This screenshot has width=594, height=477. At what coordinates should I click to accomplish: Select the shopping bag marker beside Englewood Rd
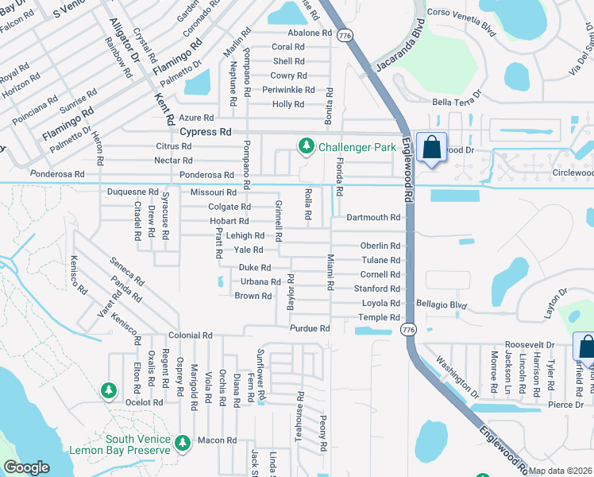(430, 148)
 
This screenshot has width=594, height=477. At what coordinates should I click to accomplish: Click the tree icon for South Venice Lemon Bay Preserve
(182, 441)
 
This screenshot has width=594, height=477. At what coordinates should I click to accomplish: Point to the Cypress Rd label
(206, 132)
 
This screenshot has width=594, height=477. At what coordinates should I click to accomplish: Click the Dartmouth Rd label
(373, 218)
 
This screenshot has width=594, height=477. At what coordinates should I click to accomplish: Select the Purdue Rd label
(310, 328)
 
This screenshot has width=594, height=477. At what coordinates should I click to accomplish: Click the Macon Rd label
(218, 440)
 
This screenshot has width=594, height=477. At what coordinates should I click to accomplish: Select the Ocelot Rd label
(144, 402)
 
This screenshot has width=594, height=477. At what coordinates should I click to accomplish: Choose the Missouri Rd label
(214, 192)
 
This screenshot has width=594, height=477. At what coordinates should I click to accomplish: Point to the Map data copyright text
(561, 471)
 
